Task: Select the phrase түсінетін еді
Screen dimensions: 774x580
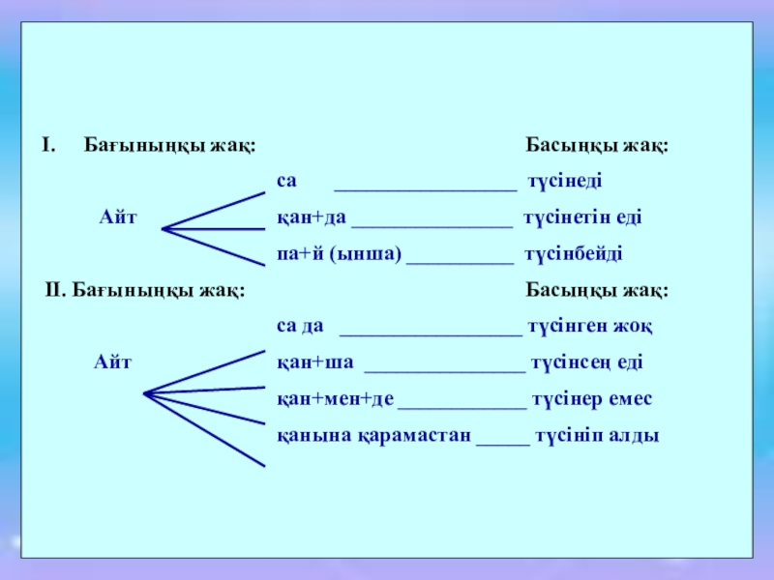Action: [582, 218]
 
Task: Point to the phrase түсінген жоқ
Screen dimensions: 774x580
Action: [589, 327]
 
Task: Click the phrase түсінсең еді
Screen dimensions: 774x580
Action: [586, 363]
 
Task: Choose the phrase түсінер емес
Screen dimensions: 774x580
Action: [591, 399]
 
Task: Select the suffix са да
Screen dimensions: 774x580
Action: [300, 327]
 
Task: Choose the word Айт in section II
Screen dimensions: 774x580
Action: [112, 363]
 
